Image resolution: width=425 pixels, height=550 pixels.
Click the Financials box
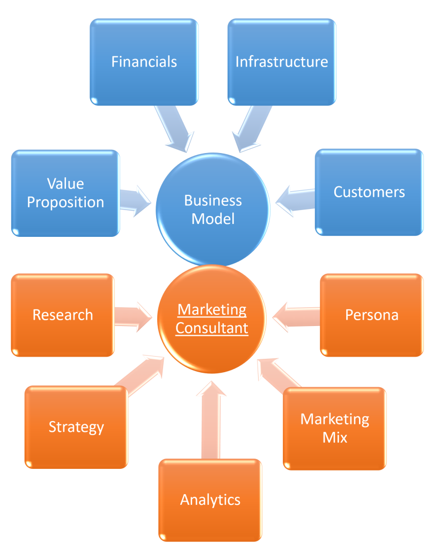tap(144, 62)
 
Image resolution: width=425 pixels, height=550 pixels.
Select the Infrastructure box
tap(282, 62)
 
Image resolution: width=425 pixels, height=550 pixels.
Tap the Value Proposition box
tap(65, 193)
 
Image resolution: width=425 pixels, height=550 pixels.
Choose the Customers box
tap(369, 192)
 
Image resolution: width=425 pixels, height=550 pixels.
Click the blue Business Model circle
tap(213, 209)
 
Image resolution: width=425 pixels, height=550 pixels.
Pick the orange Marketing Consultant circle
tap(212, 319)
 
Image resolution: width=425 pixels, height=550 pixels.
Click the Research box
tap(63, 315)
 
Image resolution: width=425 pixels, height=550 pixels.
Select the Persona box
tap(372, 315)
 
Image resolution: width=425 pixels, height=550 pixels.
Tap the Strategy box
tap(76, 427)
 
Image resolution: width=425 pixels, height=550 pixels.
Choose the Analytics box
tap(210, 500)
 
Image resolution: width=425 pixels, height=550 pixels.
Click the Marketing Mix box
tap(335, 428)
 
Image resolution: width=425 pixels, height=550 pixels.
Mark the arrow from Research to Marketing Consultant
tap(133, 316)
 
